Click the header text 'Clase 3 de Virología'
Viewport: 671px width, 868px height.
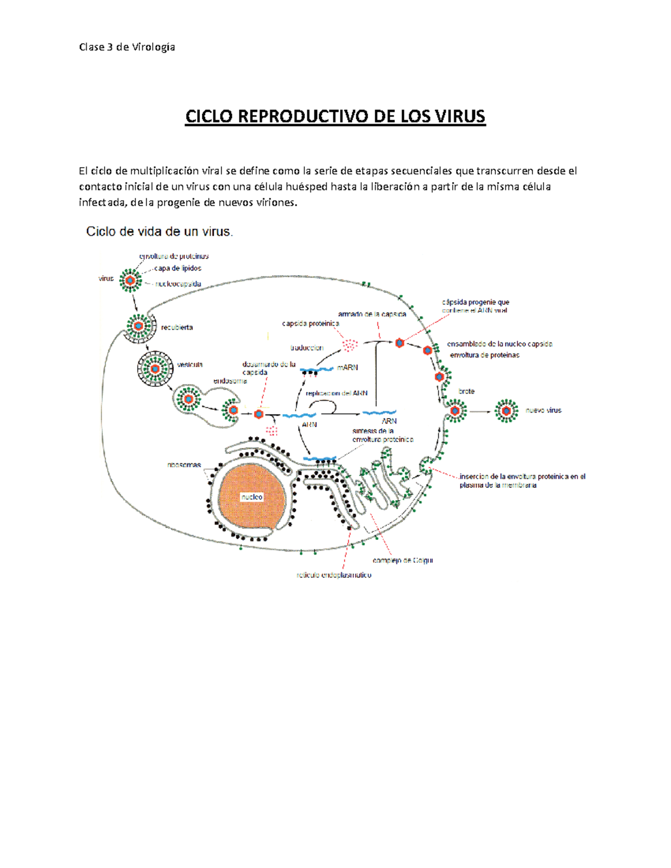coord(127,47)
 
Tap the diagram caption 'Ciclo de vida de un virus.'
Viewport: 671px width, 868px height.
coord(159,231)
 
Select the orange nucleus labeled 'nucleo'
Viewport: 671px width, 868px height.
coord(252,496)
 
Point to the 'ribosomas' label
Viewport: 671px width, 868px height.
coord(184,464)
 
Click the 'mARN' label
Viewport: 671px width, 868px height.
coord(347,368)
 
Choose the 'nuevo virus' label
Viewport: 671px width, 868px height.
coord(543,410)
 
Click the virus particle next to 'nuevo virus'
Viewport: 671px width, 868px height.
coord(507,411)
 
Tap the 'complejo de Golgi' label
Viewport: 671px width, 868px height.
coord(403,560)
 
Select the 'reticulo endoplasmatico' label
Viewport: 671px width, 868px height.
coord(334,575)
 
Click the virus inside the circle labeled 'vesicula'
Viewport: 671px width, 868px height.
coord(155,369)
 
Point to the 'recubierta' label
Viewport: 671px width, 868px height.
coord(177,328)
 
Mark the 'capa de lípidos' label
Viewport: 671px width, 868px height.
coord(177,268)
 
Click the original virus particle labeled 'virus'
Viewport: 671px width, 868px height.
coord(130,280)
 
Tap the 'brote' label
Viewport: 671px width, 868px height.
coord(466,391)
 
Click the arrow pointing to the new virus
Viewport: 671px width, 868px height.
coord(480,411)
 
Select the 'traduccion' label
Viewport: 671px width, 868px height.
coord(306,348)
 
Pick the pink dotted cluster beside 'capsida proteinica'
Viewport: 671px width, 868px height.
coord(350,345)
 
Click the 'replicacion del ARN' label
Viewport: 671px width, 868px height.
coord(337,393)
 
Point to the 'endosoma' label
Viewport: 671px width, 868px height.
coord(230,381)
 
